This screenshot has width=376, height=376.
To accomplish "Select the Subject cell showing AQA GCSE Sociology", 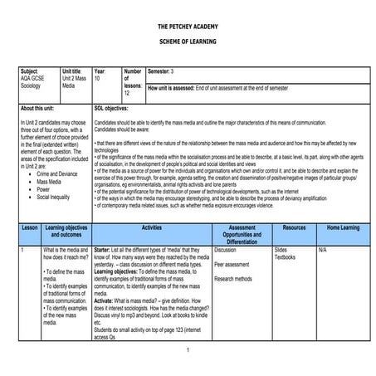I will [x=37, y=81].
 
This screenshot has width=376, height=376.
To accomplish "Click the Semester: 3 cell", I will [x=161, y=72].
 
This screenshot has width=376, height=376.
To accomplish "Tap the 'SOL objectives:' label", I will [x=111, y=109].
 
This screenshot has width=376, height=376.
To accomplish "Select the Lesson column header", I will [x=29, y=227].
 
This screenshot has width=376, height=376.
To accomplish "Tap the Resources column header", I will [x=294, y=227].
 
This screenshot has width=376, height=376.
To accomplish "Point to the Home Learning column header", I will [x=343, y=227].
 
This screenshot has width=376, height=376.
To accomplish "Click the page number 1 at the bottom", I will [x=188, y=350].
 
